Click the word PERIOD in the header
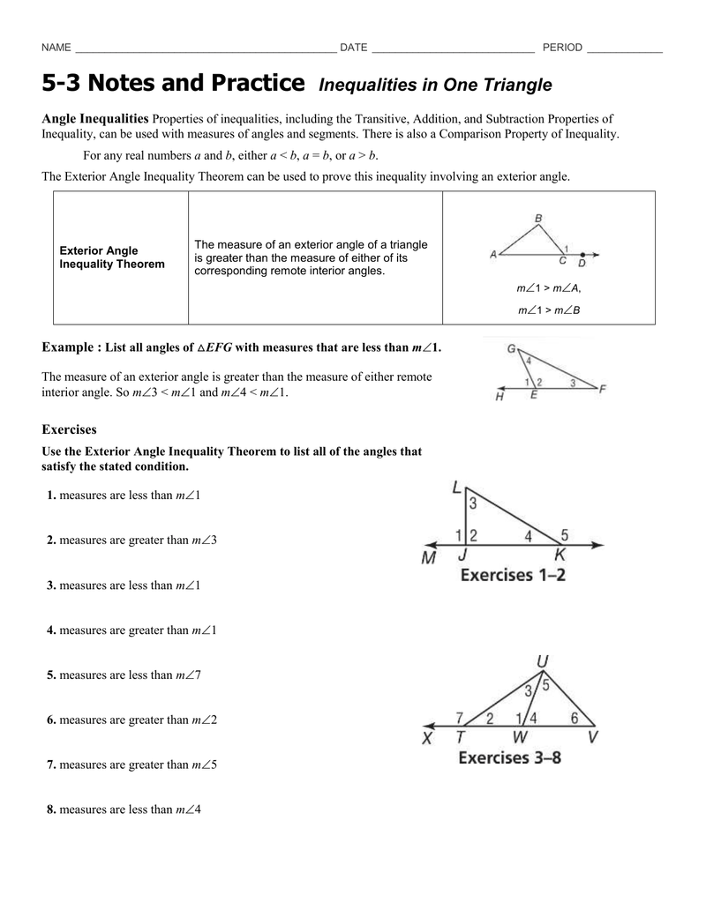[x=562, y=48]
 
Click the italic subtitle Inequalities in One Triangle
[x=434, y=86]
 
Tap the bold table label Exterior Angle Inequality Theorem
[x=111, y=257]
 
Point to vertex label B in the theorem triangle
[x=538, y=218]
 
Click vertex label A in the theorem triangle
[x=492, y=255]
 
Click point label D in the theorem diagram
[x=582, y=262]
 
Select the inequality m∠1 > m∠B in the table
[x=549, y=310]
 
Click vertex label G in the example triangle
[x=511, y=348]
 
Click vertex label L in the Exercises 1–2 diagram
[x=456, y=488]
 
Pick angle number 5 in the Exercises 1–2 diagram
[x=565, y=534]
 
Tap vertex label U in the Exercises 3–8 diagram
[x=541, y=661]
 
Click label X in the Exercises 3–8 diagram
[x=427, y=739]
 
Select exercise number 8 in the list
[x=51, y=810]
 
